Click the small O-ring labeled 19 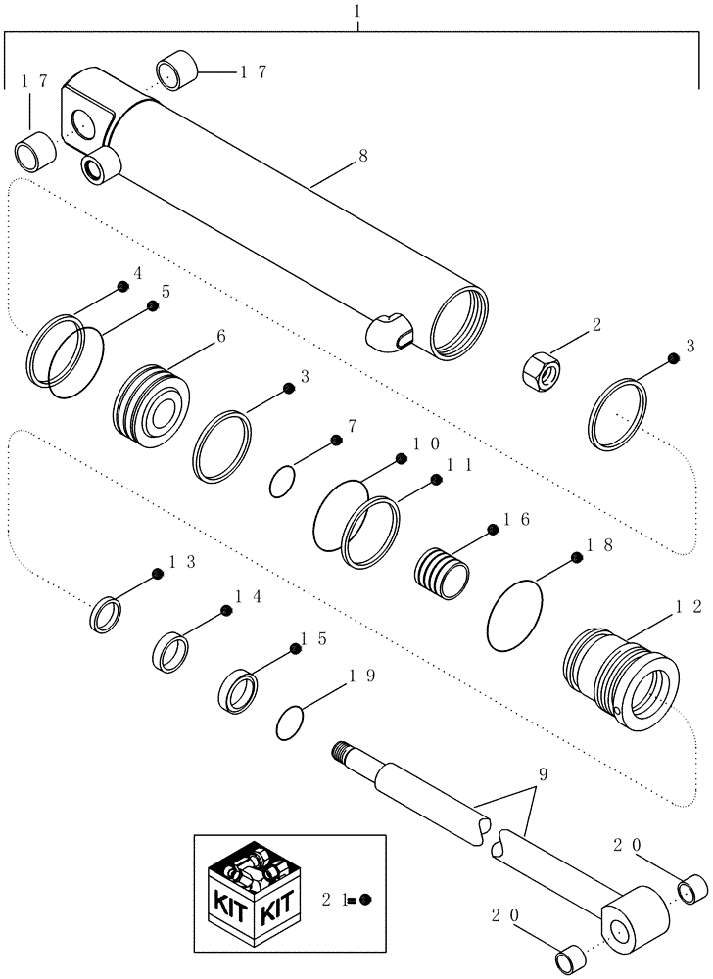point(290,723)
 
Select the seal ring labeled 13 point(106,615)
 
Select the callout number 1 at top point(359,13)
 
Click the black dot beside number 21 point(365,900)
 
